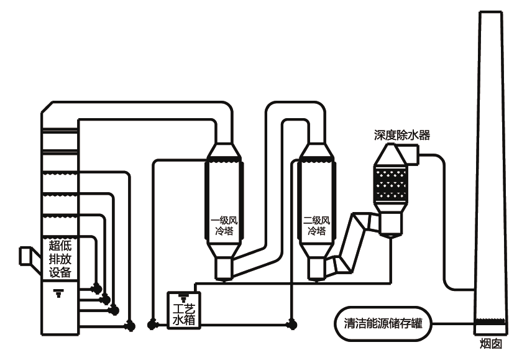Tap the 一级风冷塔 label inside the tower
click(x=222, y=225)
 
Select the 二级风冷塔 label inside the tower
click(x=316, y=225)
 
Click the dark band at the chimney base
click(x=491, y=323)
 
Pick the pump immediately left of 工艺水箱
click(x=150, y=324)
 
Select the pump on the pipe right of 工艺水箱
click(x=290, y=324)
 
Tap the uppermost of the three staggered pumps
click(x=96, y=288)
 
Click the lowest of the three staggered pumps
click(x=113, y=310)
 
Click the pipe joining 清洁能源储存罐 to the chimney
click(x=454, y=323)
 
